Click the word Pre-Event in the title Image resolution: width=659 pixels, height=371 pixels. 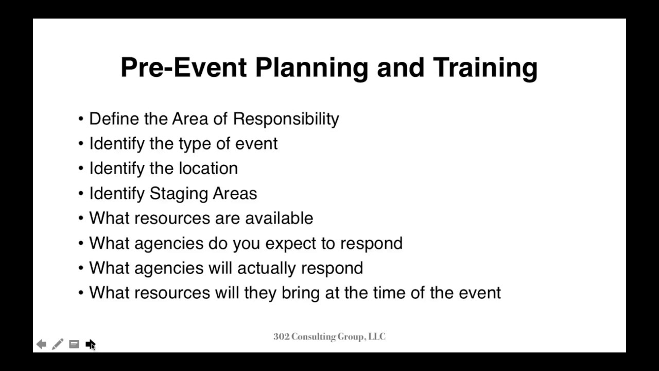click(x=183, y=68)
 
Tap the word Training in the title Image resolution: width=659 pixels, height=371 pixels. click(x=485, y=68)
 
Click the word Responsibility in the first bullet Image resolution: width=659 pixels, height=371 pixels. click(x=286, y=119)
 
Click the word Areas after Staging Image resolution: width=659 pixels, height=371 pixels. click(x=234, y=194)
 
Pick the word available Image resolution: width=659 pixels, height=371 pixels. click(x=279, y=218)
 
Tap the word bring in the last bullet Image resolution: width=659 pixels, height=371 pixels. click(x=301, y=293)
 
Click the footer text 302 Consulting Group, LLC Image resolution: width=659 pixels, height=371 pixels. click(x=329, y=337)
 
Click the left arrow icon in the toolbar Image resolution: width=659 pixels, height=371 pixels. click(x=41, y=344)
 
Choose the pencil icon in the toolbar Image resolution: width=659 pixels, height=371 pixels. click(x=58, y=344)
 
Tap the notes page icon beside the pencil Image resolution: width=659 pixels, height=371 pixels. click(x=74, y=344)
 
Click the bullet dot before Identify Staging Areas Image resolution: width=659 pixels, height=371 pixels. click(x=81, y=194)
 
